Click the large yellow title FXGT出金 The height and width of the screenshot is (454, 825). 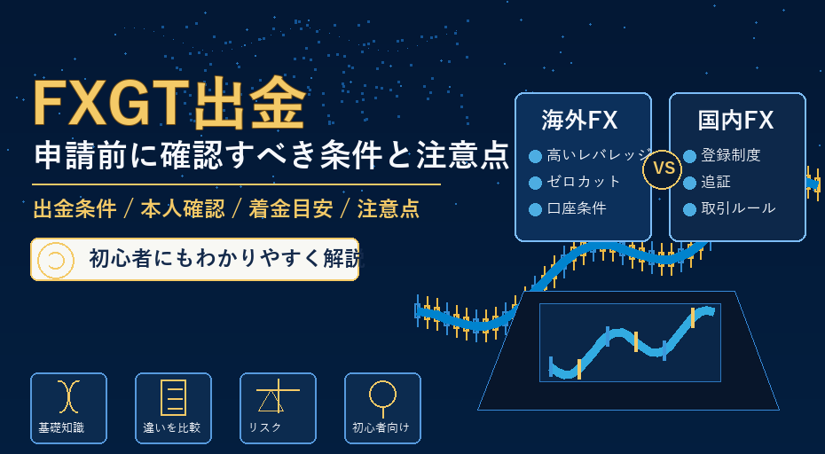[x=169, y=104]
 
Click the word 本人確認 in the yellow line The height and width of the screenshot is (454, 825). [x=183, y=209]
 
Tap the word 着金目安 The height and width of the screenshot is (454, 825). [x=291, y=209]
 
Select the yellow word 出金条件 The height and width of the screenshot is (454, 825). [x=75, y=209]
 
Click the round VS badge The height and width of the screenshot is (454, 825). [x=663, y=168]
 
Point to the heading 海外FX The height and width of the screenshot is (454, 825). [x=579, y=120]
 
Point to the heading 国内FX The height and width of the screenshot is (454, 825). [x=735, y=120]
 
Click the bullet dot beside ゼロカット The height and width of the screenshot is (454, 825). [x=535, y=183]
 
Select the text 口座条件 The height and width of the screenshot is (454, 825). [x=577, y=208]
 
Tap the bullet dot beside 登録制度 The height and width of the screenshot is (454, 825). [x=690, y=156]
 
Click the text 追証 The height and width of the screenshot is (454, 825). [x=716, y=182]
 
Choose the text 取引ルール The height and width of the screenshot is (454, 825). [x=738, y=208]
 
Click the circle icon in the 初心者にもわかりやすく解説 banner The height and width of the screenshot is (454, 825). [x=55, y=259]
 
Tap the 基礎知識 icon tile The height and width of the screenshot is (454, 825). [x=68, y=408]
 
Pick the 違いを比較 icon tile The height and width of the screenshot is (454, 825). [x=173, y=408]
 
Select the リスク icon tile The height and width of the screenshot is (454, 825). [x=278, y=408]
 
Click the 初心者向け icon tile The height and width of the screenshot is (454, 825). [x=382, y=408]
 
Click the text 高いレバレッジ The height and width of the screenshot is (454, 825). [x=599, y=155]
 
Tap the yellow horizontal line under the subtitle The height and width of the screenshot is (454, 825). [x=236, y=184]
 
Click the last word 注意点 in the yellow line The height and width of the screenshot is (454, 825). [x=389, y=209]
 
